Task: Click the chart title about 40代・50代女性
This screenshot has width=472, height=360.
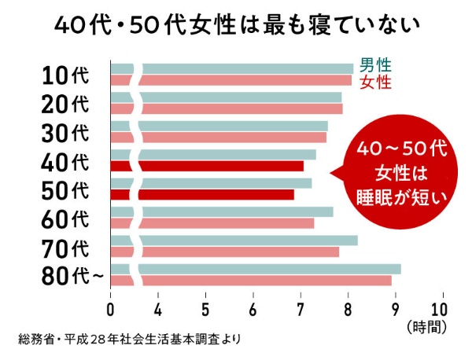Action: (236, 24)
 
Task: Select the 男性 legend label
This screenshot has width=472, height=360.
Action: (374, 65)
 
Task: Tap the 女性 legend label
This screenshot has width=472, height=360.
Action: (374, 80)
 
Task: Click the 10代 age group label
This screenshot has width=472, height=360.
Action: (66, 75)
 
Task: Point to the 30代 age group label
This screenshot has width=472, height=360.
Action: (66, 131)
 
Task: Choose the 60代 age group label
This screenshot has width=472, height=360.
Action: (66, 218)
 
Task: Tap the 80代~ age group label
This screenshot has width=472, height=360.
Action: (71, 276)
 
